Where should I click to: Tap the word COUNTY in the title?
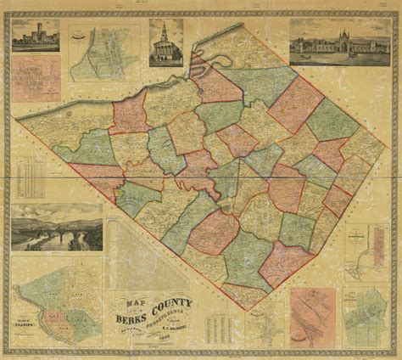click(x=173, y=302)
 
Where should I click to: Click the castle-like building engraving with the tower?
click(x=36, y=36)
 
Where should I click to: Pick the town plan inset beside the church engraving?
click(x=103, y=53)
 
